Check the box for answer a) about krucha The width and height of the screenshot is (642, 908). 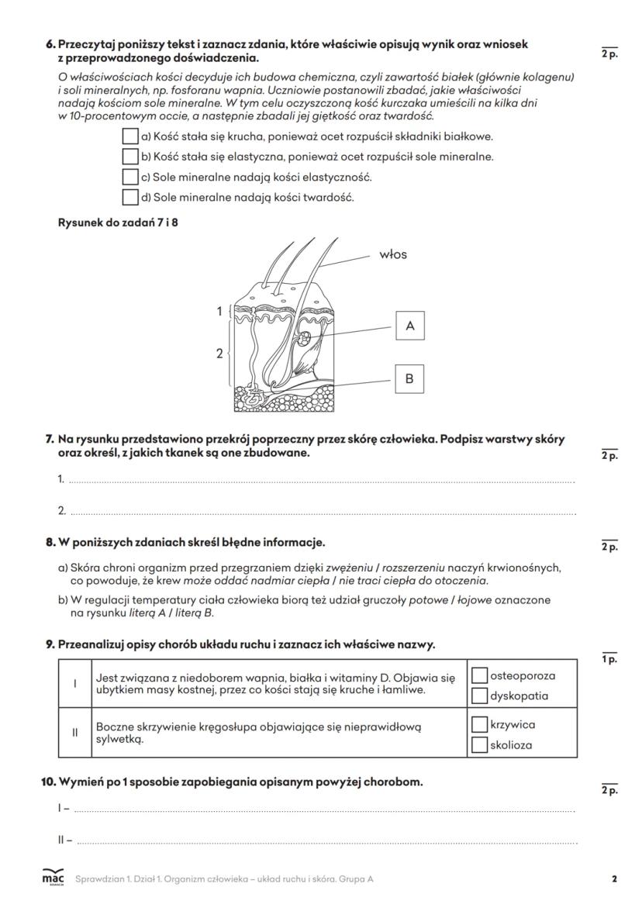(130, 136)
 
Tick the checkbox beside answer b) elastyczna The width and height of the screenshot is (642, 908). (130, 157)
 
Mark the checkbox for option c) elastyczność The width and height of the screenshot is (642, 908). (130, 177)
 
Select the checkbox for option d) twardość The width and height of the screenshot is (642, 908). (130, 197)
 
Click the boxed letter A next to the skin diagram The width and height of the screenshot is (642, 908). (409, 326)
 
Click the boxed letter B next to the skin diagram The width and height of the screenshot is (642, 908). (409, 379)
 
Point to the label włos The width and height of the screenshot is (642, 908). (393, 254)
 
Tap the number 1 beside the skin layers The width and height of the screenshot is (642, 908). (219, 312)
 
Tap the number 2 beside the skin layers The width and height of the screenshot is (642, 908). (219, 354)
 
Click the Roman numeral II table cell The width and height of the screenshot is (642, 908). (75, 733)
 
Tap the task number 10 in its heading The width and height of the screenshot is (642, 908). (47, 782)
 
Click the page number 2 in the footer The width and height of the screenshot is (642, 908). (614, 879)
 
